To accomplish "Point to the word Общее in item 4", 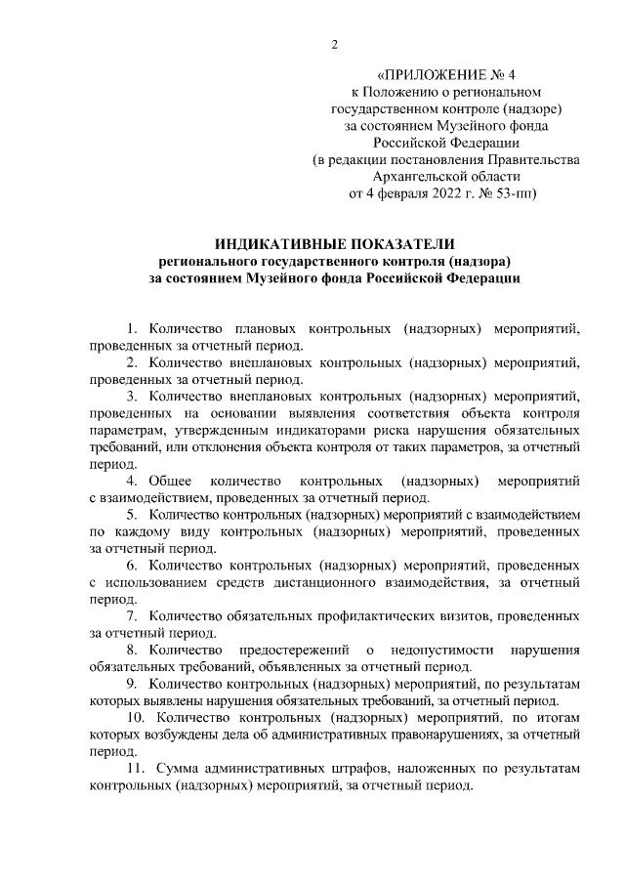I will pyautogui.click(x=171, y=481).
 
